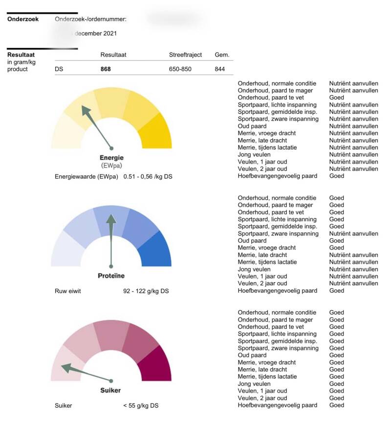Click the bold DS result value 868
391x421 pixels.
[x=106, y=69]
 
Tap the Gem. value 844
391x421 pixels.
[x=220, y=69]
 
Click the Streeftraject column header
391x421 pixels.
[x=185, y=55]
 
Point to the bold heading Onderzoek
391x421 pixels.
[x=23, y=20]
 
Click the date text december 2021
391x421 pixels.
[x=95, y=34]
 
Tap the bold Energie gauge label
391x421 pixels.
[x=111, y=158]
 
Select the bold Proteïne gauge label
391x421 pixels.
[x=111, y=276]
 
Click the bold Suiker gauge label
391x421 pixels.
[x=111, y=390]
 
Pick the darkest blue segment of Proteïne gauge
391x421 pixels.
[x=156, y=249]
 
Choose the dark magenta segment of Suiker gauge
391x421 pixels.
[x=156, y=364]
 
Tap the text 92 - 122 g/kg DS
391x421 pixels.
[x=146, y=291]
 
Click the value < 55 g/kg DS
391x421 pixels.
[x=141, y=405]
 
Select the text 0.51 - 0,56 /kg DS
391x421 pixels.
[x=148, y=176]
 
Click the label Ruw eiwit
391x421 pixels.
[x=68, y=291]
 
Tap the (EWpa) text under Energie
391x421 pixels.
[x=111, y=166]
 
